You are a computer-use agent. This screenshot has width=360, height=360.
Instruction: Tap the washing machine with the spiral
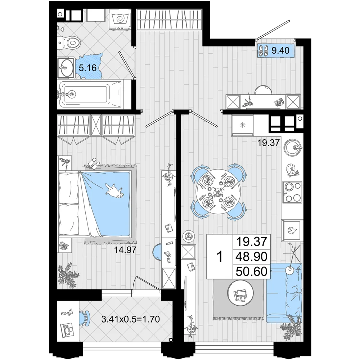pos(120,19)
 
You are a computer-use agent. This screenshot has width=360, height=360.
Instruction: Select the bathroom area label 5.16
pos(87,68)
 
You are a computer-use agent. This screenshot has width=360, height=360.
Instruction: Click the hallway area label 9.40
pos(280,50)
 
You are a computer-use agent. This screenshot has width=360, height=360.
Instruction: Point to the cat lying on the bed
pos(115,190)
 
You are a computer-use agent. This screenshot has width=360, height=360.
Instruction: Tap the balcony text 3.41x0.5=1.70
pos(131,319)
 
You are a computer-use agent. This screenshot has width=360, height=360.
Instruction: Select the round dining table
pos(217,192)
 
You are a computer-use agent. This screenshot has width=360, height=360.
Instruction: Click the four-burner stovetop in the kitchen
pos(292,192)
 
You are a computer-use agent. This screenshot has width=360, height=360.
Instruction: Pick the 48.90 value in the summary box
pos(252,256)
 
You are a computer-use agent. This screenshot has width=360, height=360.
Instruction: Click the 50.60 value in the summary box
pos(252,271)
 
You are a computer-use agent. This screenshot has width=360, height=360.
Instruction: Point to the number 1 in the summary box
pos(220,256)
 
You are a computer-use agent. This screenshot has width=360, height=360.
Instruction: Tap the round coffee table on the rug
pos(240,293)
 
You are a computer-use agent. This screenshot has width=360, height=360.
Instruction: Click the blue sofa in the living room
pos(284,293)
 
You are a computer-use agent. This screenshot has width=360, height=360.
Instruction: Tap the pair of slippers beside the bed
pos(94,163)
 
